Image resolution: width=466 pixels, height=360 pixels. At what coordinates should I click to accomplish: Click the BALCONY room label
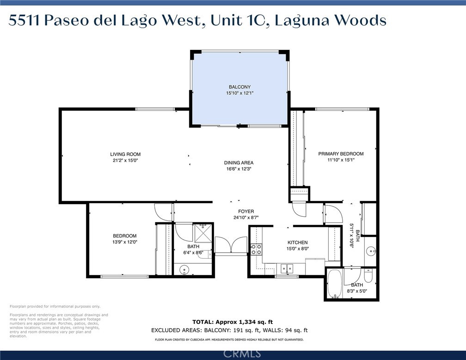coord(239,87)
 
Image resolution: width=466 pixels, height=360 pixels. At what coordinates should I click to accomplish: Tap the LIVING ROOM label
coord(125,154)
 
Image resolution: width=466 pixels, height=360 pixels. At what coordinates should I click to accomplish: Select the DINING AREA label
coord(239,163)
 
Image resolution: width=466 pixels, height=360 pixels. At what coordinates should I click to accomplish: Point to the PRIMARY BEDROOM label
coord(341,154)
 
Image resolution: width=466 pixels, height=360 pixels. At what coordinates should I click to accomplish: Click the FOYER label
coord(246,212)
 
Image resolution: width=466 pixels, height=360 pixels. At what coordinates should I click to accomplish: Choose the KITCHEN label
coord(298,243)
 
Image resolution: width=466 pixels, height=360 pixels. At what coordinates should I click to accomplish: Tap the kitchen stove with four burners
coord(257,249)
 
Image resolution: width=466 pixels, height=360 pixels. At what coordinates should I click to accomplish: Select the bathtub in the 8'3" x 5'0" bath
coord(335,284)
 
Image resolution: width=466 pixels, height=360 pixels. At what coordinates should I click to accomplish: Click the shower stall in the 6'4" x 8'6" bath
coord(203,233)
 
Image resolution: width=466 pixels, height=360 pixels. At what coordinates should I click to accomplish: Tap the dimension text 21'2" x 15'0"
coord(125,160)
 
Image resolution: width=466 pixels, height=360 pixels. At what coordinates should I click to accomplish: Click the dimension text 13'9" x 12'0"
coord(124,242)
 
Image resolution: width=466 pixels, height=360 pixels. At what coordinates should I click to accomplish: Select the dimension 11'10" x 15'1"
coord(341,160)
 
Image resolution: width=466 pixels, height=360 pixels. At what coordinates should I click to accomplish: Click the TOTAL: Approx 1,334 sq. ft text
coord(233,322)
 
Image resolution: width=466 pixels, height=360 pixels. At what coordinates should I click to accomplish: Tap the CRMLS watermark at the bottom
coord(242,354)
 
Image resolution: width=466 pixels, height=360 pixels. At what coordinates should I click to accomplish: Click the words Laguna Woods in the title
coord(331,21)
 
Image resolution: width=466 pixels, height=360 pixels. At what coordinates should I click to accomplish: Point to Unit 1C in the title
coord(238,20)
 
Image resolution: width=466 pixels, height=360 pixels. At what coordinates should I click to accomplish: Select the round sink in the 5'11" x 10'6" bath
coord(371,251)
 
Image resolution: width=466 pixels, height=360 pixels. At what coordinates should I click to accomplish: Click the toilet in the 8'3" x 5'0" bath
coord(368,275)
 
